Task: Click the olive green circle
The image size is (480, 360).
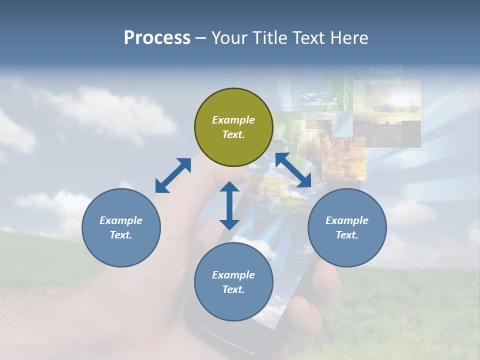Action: click(x=233, y=127)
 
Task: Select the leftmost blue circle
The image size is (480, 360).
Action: click(x=121, y=228)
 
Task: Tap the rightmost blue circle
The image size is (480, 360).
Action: click(x=347, y=228)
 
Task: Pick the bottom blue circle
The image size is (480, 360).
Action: click(x=233, y=282)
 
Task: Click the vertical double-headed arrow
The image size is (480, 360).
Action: click(x=229, y=205)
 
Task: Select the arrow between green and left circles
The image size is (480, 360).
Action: click(x=173, y=175)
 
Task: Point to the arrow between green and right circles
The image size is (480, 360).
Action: click(x=293, y=170)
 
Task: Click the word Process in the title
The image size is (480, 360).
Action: click(x=157, y=37)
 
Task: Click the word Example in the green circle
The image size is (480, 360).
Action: click(x=233, y=120)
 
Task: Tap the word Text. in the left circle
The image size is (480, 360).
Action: click(x=121, y=235)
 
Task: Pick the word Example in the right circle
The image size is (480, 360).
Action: click(x=347, y=220)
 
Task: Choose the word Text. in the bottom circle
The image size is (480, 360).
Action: click(x=233, y=289)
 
